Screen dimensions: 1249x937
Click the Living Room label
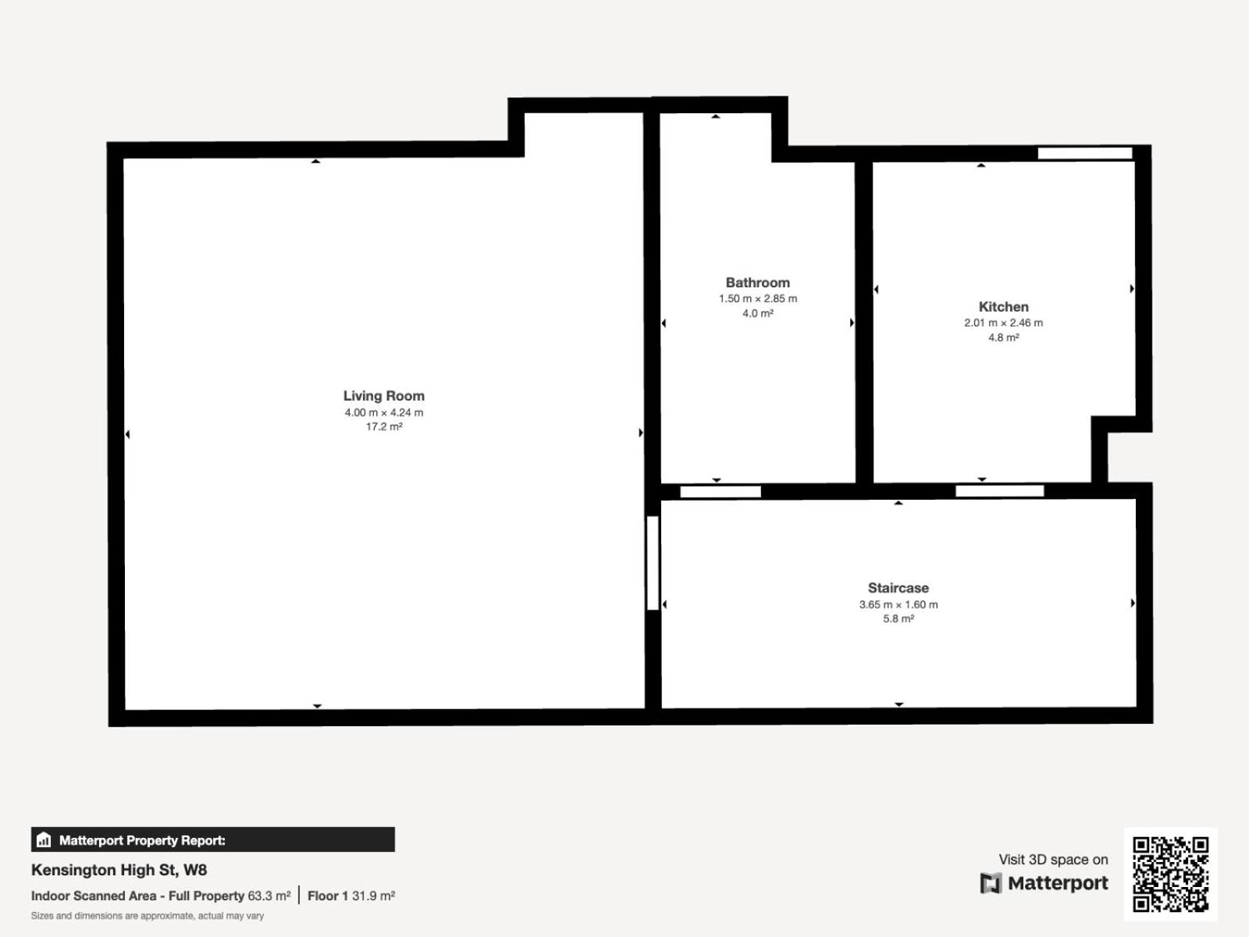pyautogui.click(x=383, y=396)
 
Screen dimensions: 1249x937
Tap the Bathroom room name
pyautogui.click(x=757, y=283)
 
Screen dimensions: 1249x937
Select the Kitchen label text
pyautogui.click(x=1003, y=307)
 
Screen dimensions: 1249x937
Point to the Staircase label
pyautogui.click(x=898, y=588)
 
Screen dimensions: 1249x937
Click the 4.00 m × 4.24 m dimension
pyautogui.click(x=383, y=412)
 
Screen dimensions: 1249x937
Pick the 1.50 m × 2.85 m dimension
pyautogui.click(x=757, y=299)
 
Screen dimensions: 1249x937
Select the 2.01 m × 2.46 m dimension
pyautogui.click(x=1003, y=322)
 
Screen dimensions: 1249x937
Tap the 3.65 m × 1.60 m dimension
pyautogui.click(x=898, y=604)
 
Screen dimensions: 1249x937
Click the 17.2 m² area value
pyautogui.click(x=384, y=426)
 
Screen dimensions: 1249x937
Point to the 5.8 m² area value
pyautogui.click(x=898, y=618)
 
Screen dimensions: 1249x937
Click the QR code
pyautogui.click(x=1170, y=874)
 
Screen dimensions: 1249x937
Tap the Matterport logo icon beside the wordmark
pyautogui.click(x=990, y=883)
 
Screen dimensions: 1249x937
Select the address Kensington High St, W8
pyautogui.click(x=119, y=870)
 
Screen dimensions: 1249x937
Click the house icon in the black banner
pyautogui.click(x=44, y=839)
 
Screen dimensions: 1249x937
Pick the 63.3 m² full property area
pyautogui.click(x=269, y=896)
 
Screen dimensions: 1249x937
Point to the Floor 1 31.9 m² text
pyautogui.click(x=351, y=896)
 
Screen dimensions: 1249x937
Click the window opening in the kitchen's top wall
pyautogui.click(x=1084, y=153)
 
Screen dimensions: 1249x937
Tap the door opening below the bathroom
pyautogui.click(x=721, y=492)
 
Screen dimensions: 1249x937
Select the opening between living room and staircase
pyautogui.click(x=653, y=563)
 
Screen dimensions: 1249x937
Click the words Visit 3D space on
pyautogui.click(x=1053, y=860)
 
